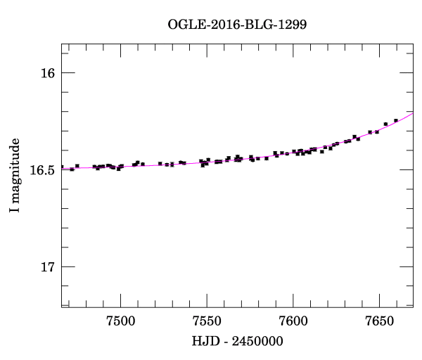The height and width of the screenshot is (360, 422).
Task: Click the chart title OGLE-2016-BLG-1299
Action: [237, 24]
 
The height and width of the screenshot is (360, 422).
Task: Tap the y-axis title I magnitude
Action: [14, 176]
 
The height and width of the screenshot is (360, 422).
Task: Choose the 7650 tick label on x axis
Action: [379, 321]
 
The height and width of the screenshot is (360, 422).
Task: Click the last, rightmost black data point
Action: [396, 120]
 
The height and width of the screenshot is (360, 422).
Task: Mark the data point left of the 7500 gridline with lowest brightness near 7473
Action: [72, 169]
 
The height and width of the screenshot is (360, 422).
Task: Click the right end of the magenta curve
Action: [412, 112]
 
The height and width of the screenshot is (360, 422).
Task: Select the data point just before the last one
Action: [385, 124]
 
